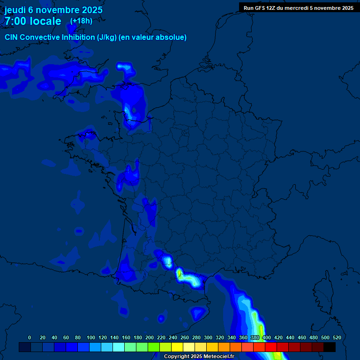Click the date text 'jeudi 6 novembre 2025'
point(53,10)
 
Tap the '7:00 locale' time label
point(33,21)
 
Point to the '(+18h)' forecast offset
point(81,21)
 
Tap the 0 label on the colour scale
point(30,337)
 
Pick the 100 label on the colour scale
point(91,337)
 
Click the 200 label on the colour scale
point(150,337)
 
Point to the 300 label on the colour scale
point(208,337)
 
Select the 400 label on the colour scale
point(267,337)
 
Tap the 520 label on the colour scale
point(337,337)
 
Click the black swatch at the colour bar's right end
point(330,347)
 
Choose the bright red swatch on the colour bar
point(271,347)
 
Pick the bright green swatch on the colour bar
point(154,347)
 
